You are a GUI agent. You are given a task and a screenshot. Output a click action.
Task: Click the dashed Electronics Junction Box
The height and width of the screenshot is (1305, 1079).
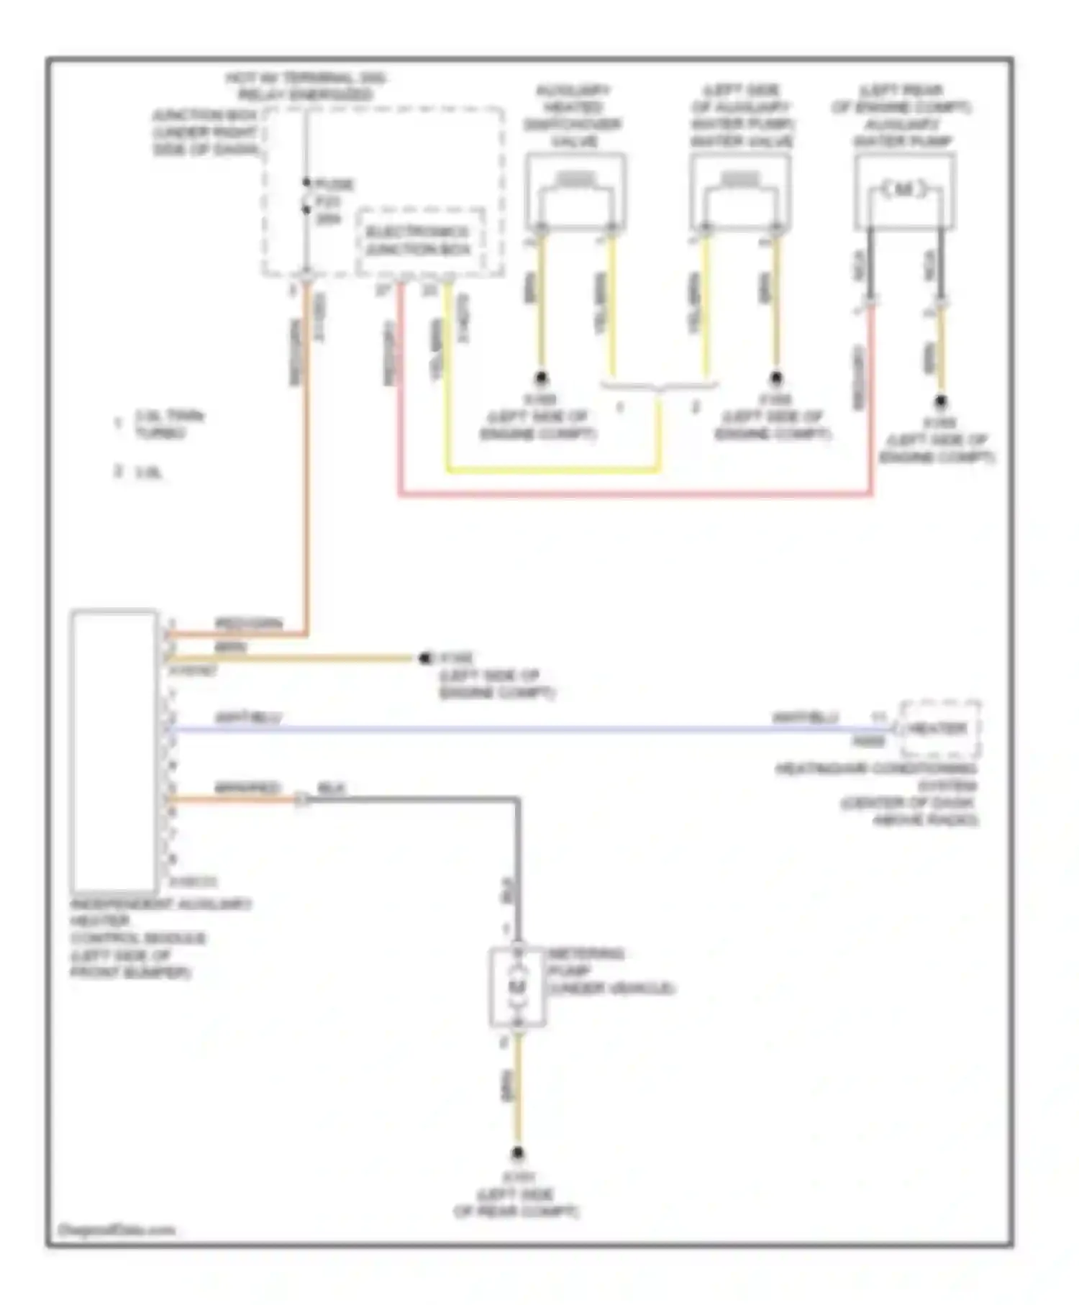tap(420, 241)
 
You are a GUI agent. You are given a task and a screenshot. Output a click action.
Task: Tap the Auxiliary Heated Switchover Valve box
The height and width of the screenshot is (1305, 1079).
tap(575, 192)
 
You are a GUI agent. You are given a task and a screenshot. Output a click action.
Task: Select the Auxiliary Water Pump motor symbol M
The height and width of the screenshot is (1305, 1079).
tap(903, 190)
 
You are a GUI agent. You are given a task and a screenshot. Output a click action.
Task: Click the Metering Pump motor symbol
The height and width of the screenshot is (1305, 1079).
tap(517, 986)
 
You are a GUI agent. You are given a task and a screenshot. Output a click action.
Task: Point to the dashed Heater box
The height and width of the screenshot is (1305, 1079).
tap(938, 729)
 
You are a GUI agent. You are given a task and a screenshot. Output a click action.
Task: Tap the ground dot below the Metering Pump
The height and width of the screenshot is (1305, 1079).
tap(517, 1155)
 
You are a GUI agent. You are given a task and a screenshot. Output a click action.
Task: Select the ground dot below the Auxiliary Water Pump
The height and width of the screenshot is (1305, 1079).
tap(940, 401)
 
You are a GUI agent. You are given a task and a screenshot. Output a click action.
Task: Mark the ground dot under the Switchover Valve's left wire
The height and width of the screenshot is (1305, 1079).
tap(540, 378)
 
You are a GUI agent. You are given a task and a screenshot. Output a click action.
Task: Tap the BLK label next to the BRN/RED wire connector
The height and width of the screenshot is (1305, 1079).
tap(332, 788)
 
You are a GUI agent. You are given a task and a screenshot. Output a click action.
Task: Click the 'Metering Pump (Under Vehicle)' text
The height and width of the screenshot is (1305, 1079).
tap(611, 971)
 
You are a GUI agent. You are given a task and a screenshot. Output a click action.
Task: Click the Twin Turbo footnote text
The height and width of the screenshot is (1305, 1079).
tap(170, 424)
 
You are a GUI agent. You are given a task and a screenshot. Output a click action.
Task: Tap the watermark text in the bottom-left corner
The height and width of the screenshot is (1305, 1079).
tap(116, 1230)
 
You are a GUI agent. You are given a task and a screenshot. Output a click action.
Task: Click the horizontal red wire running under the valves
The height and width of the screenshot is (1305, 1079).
tap(633, 495)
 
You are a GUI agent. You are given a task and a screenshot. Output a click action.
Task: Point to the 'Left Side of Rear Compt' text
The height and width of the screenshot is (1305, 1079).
tap(516, 1204)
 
